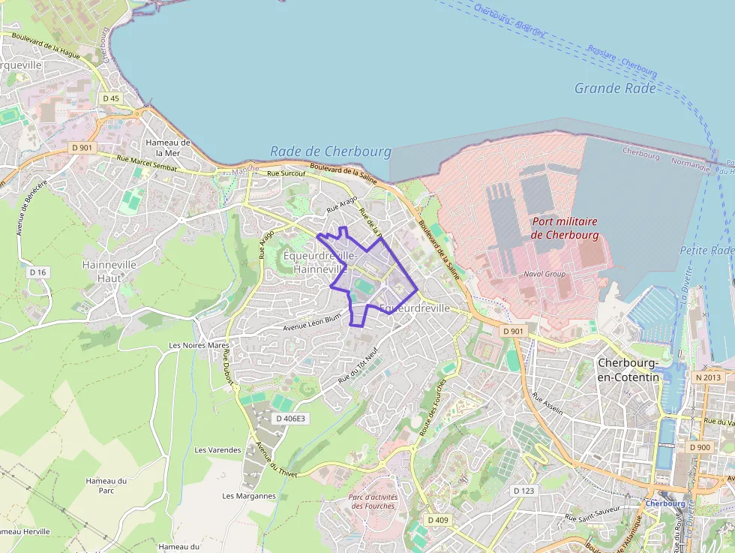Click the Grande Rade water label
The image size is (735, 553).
click(x=615, y=89)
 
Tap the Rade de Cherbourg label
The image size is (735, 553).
click(x=331, y=152)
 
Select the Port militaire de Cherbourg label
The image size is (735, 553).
click(x=565, y=228)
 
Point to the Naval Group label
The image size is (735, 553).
click(x=544, y=274)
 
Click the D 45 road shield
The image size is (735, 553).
click(x=110, y=98)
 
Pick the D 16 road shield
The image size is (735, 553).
click(x=37, y=272)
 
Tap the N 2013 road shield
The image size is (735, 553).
click(x=707, y=377)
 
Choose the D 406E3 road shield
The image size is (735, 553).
click(x=290, y=418)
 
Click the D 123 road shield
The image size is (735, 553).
click(x=523, y=490)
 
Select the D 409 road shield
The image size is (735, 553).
click(x=438, y=519)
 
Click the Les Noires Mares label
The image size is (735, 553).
click(x=199, y=346)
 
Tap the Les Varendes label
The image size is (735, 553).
click(x=217, y=450)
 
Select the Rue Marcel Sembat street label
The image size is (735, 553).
click(x=147, y=163)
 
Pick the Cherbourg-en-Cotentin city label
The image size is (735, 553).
click(x=628, y=370)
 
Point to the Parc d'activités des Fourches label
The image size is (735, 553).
click(x=373, y=500)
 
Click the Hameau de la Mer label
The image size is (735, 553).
click(x=168, y=148)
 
